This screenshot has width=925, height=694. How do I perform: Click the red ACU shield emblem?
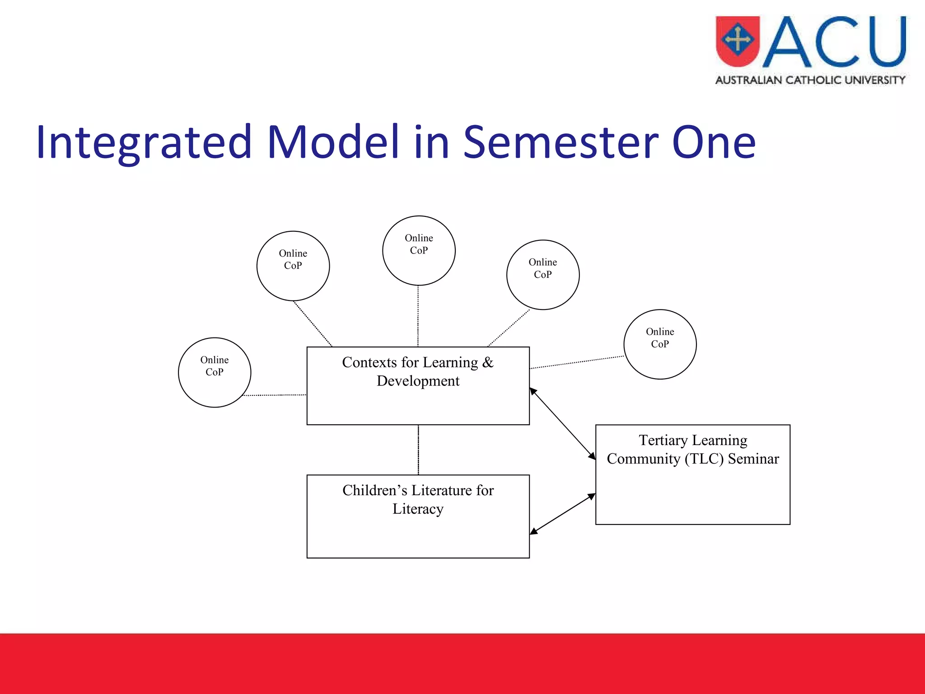pos(738,41)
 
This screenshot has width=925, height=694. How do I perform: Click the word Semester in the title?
pos(560,143)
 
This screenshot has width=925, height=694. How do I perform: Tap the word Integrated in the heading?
pos(144,143)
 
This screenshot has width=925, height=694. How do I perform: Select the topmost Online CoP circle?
pos(419,251)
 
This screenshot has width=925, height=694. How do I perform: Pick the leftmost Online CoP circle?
pos(215,372)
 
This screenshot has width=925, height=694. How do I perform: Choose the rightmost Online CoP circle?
pos(660,344)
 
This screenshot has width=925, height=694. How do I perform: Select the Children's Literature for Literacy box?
pos(418,533)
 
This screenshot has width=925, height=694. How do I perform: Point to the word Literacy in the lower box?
pos(418,509)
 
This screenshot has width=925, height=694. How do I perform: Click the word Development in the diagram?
pos(418,381)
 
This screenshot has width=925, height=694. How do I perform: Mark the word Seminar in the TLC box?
pos(753,459)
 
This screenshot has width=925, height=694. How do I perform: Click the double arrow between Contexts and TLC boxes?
pos(562,424)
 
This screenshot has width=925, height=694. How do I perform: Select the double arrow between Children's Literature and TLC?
pos(562,514)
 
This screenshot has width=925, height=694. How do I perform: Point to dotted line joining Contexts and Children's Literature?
pos(418,450)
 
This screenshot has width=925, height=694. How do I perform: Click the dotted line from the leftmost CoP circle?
pos(275,395)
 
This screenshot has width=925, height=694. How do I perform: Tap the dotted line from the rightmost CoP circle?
pos(577,362)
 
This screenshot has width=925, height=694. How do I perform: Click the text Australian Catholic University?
pos(810,80)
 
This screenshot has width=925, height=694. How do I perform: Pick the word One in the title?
pos(714,143)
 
